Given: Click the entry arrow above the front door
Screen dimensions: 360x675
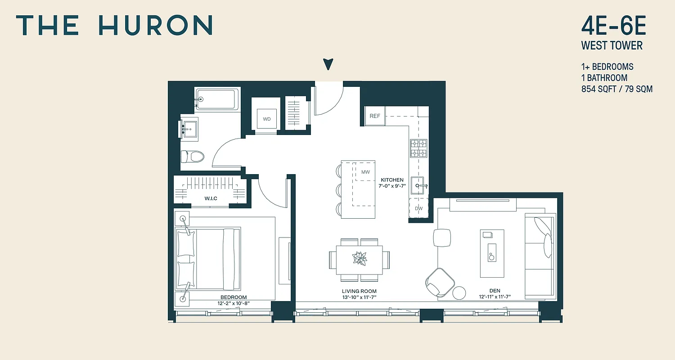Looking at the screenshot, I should tap(329, 64).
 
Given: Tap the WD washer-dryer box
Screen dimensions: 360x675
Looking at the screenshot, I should tap(267, 119).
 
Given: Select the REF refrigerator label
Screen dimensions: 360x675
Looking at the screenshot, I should tap(375, 116).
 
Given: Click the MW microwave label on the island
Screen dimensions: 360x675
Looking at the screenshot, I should tap(365, 172).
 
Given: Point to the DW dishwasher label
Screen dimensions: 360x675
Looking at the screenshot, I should tap(418, 208).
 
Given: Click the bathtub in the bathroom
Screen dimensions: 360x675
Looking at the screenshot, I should tap(216, 99).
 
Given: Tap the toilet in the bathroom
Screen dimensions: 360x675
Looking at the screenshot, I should tap(192, 157).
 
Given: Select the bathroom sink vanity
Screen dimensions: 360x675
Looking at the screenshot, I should tap(189, 129).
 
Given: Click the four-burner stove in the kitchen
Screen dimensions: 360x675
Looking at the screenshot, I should tap(418, 148).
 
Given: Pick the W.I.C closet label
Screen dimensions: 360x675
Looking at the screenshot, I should tap(211, 198).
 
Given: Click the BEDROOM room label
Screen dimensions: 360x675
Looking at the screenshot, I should tap(233, 297).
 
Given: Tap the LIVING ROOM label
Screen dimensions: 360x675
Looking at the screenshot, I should tap(359, 292).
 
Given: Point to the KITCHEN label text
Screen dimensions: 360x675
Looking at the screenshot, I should tap(392, 180).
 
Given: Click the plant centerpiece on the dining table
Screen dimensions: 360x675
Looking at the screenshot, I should tap(360, 259).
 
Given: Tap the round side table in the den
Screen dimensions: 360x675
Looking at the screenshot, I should tap(460, 292).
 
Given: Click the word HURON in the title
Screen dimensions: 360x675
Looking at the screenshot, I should tap(155, 25).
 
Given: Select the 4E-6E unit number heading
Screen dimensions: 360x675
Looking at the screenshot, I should tap(613, 27).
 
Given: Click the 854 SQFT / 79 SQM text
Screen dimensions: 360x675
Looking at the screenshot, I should tap(616, 89).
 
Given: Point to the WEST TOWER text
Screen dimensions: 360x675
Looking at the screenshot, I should tap(612, 45).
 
